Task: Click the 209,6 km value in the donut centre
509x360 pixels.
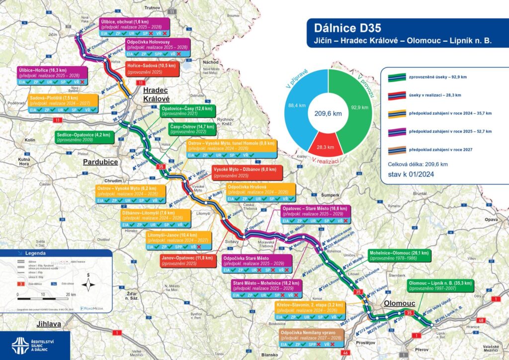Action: pos(328,113)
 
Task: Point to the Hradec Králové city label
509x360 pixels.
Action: pos(156,93)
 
